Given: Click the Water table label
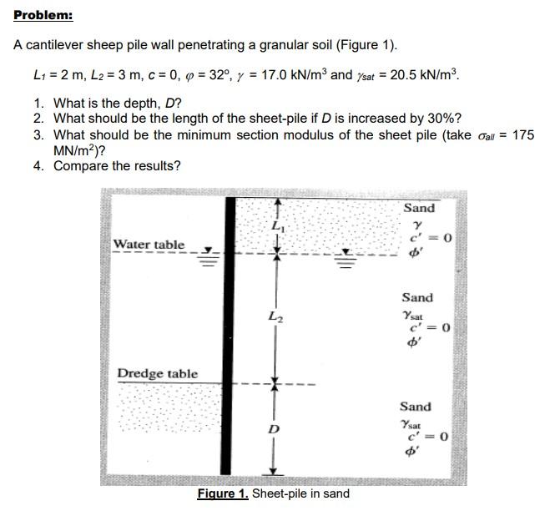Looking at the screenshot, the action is (x=149, y=245).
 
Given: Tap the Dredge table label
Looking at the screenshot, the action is (x=158, y=373).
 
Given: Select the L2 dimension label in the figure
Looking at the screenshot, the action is (x=275, y=316).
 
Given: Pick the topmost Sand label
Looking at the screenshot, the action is (x=418, y=207).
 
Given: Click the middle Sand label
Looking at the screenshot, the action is (x=417, y=297).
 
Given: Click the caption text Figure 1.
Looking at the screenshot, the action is (x=223, y=493).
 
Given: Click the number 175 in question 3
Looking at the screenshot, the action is (x=522, y=134).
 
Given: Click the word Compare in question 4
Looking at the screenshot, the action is (x=82, y=165).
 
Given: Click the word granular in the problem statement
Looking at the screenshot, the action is (x=253, y=44).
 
